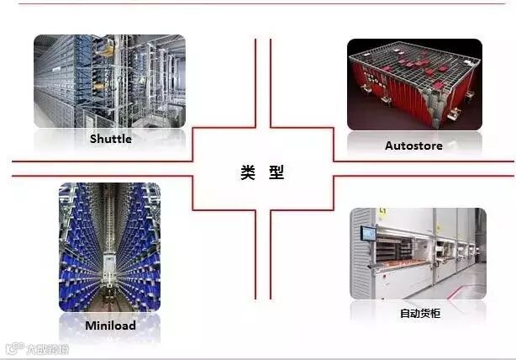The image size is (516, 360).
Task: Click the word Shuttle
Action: click(110, 139)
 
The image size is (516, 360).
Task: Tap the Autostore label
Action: click(413, 146)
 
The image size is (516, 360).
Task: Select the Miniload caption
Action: click(110, 325)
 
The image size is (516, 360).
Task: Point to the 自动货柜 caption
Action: click(419, 314)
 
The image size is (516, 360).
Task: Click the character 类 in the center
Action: click(247, 172)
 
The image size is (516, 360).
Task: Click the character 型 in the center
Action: click(276, 172)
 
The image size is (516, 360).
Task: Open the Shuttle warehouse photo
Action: click(109, 81)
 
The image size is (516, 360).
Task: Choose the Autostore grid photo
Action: click(414, 84)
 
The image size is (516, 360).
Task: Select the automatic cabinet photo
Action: click(418, 253)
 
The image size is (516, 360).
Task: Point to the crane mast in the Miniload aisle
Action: click(110, 252)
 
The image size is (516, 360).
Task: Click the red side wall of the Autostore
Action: click(378, 105)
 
